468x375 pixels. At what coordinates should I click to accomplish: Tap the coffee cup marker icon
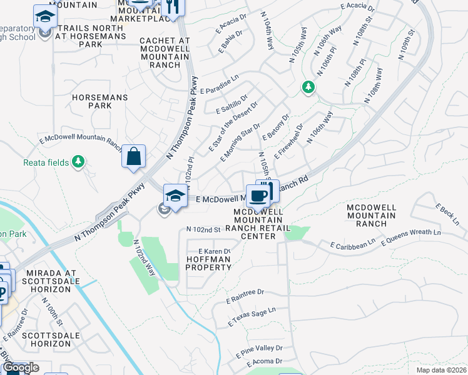pos(258,196)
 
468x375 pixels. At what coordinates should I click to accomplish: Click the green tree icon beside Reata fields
pos(78,162)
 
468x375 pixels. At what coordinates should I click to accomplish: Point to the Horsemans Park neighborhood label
pos(100,102)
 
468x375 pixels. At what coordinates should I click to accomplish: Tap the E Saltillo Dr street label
pos(232,102)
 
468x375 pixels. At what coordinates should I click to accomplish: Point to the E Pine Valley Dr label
pos(259,351)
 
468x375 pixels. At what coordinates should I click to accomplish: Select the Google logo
pos(21,368)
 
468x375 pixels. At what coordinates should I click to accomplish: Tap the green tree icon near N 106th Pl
pos(308,87)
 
